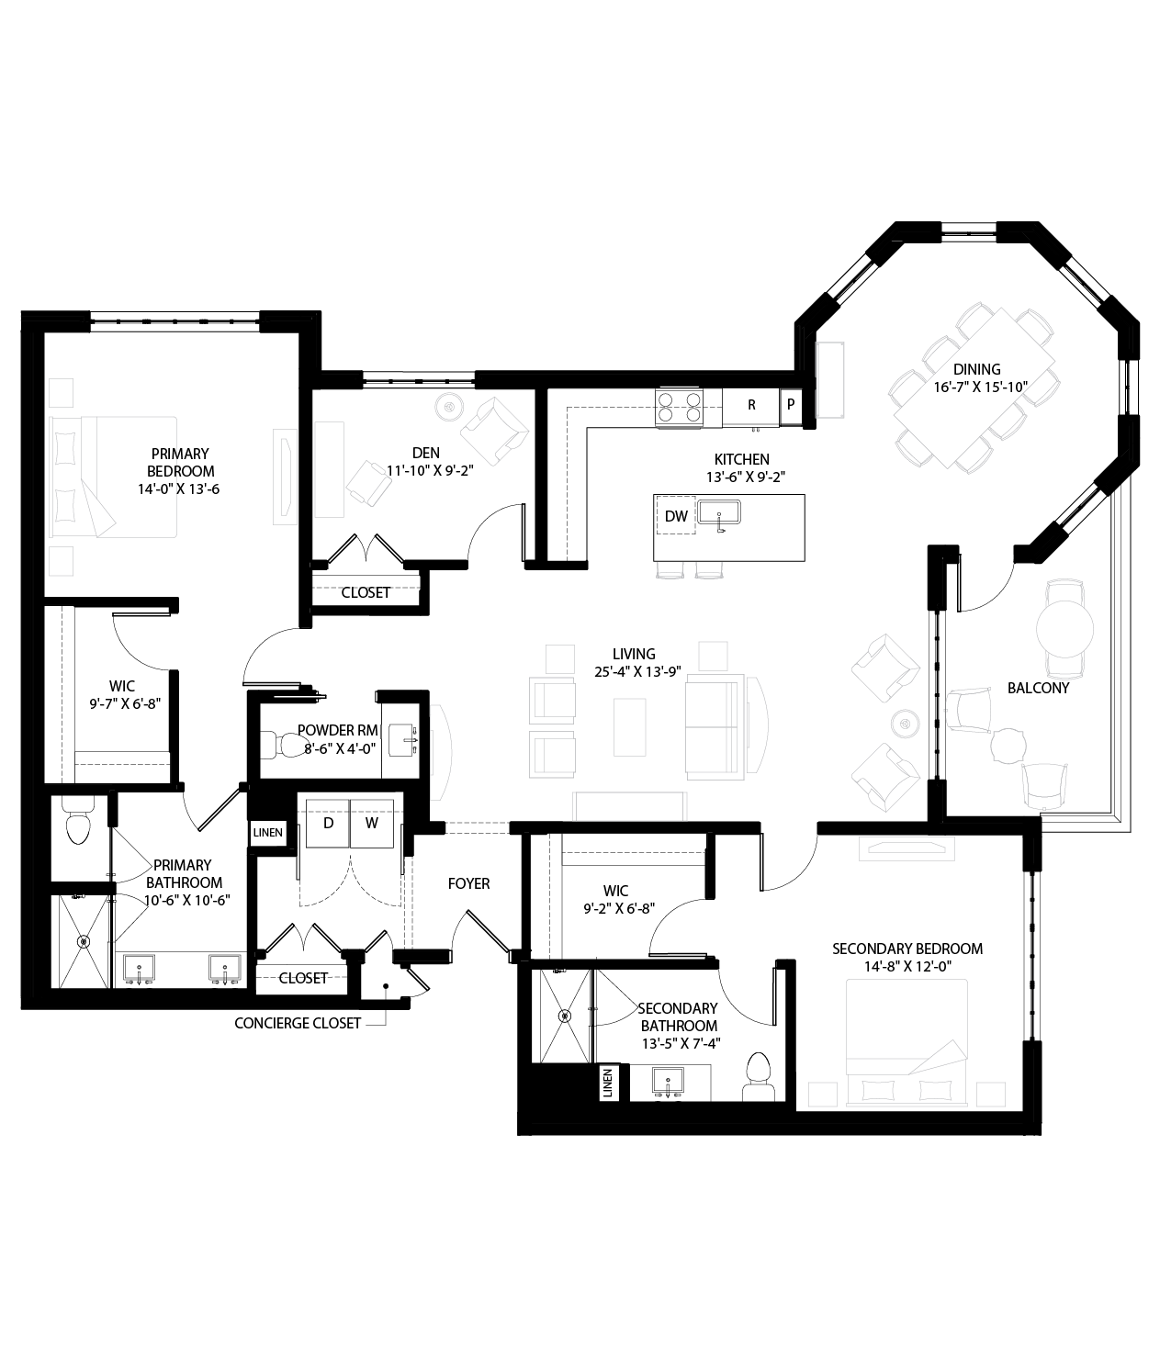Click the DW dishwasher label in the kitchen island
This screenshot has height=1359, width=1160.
(676, 517)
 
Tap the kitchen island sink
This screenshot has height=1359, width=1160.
(719, 512)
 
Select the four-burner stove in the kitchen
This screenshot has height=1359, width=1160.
(679, 407)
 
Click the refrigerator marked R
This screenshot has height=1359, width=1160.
(751, 405)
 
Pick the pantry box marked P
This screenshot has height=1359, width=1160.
(790, 405)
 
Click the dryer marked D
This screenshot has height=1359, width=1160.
(327, 823)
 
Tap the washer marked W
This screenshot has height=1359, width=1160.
(372, 823)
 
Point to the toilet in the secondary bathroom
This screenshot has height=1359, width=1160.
(759, 1075)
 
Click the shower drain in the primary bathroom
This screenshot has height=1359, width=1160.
(84, 941)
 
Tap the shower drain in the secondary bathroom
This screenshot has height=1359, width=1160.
(564, 1016)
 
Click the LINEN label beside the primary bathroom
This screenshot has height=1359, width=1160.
(268, 833)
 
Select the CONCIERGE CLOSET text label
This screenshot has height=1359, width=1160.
(298, 1023)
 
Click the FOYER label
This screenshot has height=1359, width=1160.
(468, 883)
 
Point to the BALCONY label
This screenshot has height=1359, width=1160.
(1038, 688)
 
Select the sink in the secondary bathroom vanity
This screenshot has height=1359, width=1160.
(669, 1080)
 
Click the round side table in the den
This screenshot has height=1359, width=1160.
(449, 405)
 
